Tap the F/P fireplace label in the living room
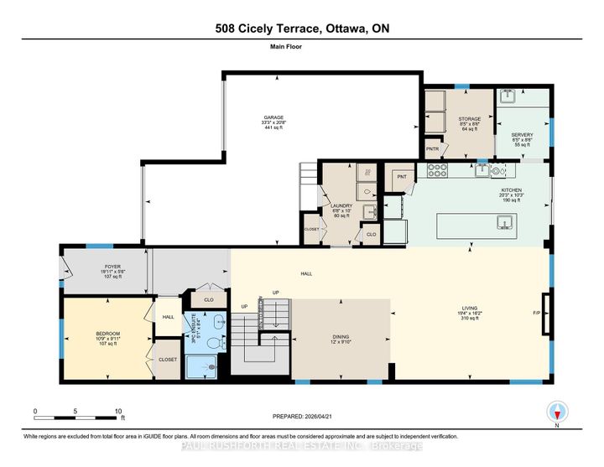click(537, 313)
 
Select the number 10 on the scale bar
click(117, 411)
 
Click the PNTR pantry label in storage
click(433, 149)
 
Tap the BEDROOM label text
click(108, 334)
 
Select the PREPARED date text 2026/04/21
click(327, 417)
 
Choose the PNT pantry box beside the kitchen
click(401, 177)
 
